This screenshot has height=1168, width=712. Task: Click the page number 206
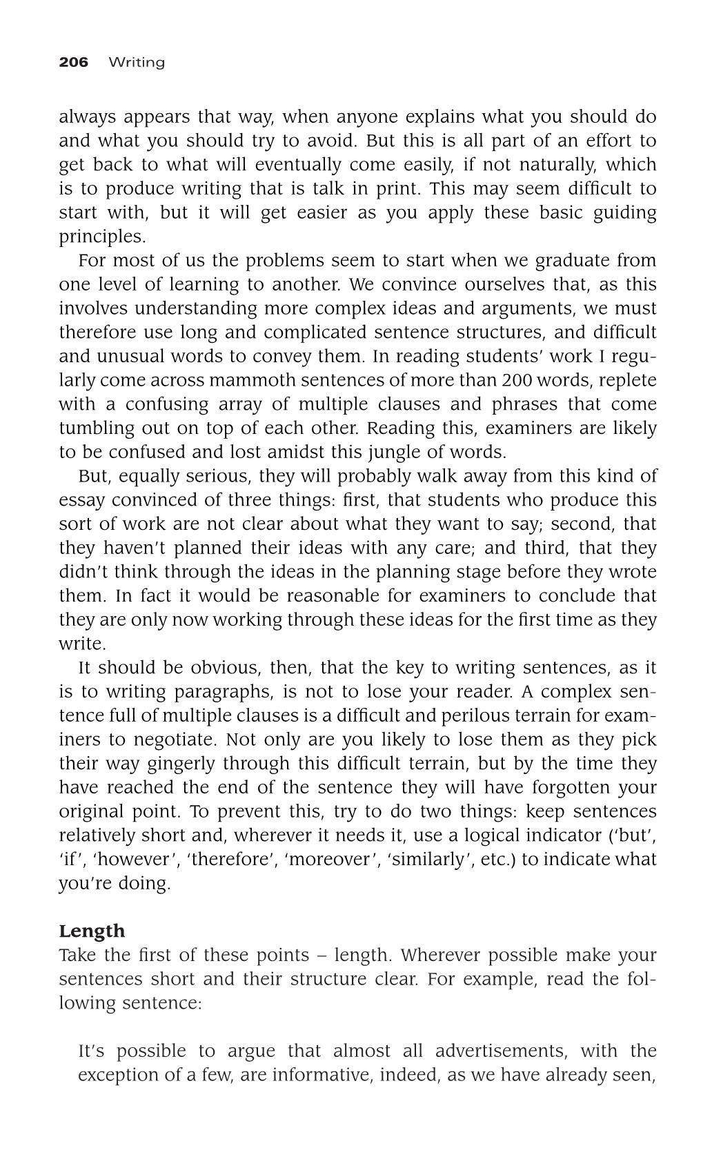(x=74, y=63)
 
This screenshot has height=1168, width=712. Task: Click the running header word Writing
(x=137, y=63)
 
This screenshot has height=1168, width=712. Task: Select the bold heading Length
(x=92, y=931)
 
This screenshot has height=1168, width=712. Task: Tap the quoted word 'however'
(x=134, y=860)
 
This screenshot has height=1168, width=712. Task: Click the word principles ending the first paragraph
(x=101, y=237)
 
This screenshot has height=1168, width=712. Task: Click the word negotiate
(x=175, y=740)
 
